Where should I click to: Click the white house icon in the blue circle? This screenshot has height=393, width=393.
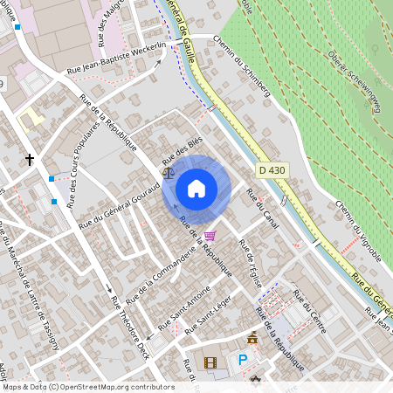coord(196,188)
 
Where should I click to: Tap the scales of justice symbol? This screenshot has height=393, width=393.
coord(168,173)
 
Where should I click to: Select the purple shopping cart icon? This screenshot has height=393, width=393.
coord(210,236)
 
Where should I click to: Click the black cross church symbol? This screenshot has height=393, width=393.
coord(31,160)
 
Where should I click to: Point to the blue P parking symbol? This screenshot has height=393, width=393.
coord(244,359)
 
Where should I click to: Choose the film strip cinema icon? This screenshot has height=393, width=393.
coord(209,362)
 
